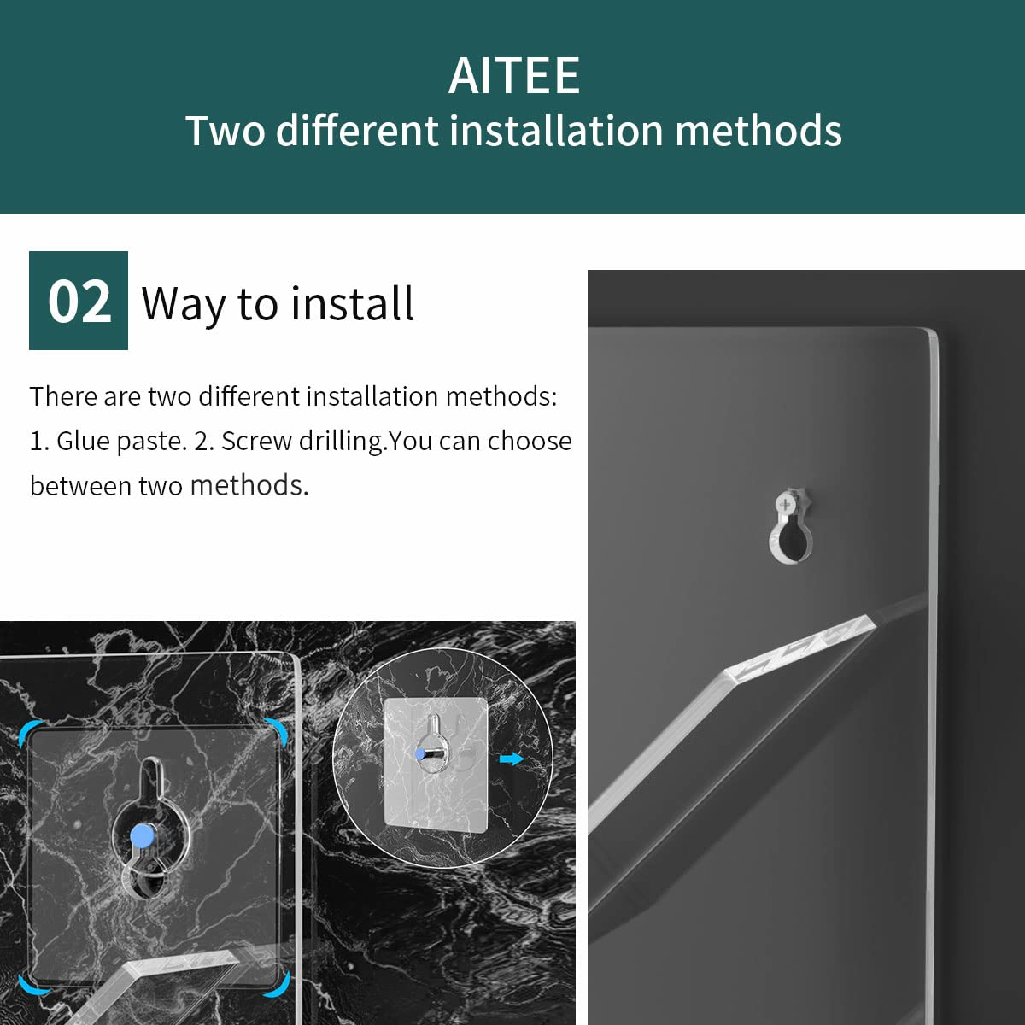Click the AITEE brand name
click(514, 76)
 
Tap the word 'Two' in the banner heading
click(225, 131)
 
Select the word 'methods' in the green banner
click(758, 131)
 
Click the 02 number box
click(79, 301)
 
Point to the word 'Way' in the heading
click(184, 304)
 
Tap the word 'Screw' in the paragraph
click(257, 441)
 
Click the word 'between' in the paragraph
click(79, 485)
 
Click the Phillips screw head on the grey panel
click(786, 503)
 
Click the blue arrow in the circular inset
click(512, 758)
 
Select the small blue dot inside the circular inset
click(420, 753)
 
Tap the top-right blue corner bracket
click(278, 730)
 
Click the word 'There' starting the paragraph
click(62, 396)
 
